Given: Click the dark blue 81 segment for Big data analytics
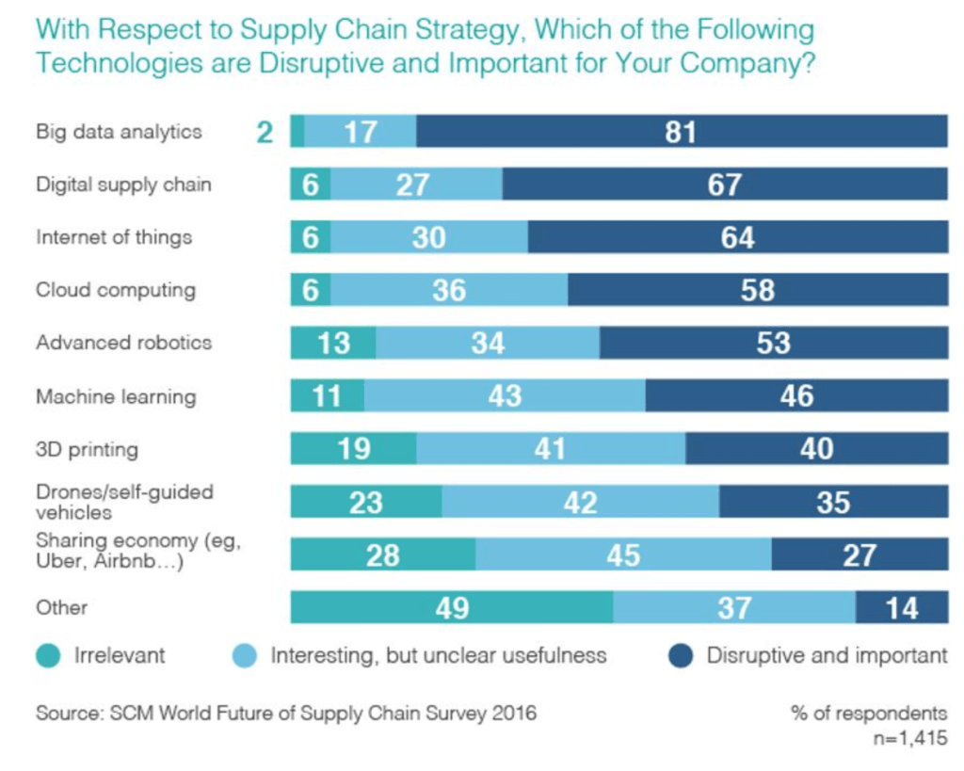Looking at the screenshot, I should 682,132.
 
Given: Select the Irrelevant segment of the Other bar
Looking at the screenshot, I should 452,608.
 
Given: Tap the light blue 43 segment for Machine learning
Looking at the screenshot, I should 505,396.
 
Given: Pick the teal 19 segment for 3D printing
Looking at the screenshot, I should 353,449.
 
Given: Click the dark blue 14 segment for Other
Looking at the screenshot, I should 901,608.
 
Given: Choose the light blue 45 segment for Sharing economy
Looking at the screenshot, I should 623,555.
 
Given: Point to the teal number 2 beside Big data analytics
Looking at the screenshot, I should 265,132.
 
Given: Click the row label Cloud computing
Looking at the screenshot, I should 116,290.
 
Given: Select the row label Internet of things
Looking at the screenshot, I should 114,237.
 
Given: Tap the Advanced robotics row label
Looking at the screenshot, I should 124,343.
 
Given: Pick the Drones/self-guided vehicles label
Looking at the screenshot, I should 124,502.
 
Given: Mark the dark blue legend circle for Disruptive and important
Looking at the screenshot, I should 682,656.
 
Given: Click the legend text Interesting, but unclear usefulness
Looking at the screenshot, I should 439,656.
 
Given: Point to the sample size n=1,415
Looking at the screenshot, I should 909,739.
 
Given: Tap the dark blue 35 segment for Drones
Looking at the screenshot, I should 833,503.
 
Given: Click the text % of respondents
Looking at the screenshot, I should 869,713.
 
